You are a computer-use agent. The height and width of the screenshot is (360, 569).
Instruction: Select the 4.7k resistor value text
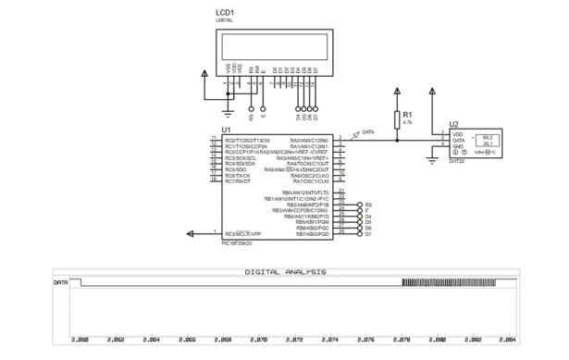pos(408,122)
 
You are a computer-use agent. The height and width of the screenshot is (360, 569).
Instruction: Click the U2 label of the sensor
pos(452,123)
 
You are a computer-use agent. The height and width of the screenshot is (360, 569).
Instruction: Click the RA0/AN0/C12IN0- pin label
pos(310,140)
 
